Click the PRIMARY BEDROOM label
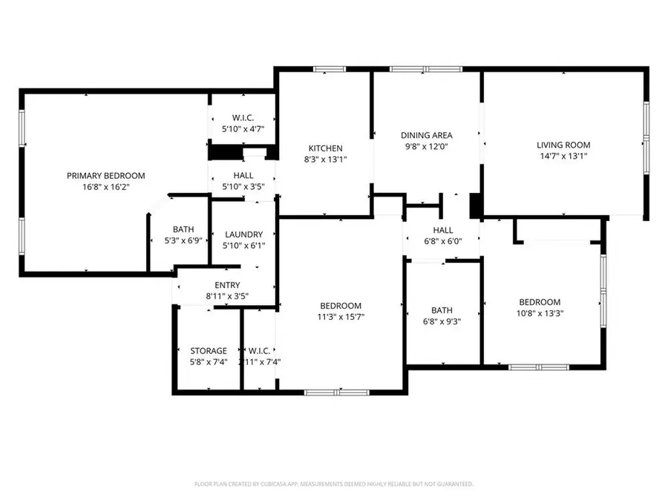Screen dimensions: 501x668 point(105,176)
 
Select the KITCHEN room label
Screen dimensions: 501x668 point(326,148)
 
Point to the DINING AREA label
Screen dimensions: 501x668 point(426,135)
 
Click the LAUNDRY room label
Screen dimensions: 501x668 point(243,235)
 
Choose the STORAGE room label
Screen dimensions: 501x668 point(208,350)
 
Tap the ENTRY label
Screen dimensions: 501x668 point(227,285)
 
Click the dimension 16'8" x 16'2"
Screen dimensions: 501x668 point(105,187)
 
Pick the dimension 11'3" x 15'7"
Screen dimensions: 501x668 point(341,316)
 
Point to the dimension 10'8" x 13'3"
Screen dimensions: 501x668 point(539,313)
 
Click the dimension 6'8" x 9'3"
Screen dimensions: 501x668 point(442,322)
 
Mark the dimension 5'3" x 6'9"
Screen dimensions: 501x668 point(183,241)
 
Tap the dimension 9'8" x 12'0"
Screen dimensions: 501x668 point(426,146)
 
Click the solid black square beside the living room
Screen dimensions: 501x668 point(476,204)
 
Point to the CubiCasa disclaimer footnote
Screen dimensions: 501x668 point(333,484)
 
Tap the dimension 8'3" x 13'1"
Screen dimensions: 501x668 point(326,159)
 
